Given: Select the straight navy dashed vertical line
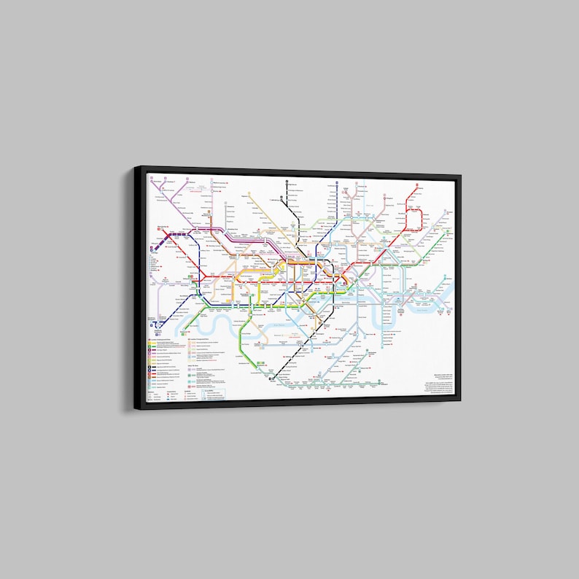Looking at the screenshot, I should coord(337,219).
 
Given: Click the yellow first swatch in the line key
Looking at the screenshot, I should coord(150,341).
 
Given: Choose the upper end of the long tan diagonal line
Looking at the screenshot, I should coord(249,194).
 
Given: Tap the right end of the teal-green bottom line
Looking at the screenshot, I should coord(384,382).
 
